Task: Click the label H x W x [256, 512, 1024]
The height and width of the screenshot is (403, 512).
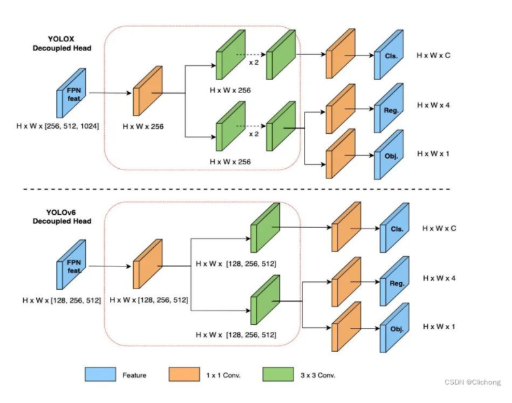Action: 58,125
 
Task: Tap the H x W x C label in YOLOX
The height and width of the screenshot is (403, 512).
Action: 434,56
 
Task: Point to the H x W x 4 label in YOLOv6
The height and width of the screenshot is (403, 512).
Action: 439,278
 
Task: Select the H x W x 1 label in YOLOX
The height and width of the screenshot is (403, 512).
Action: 434,153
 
